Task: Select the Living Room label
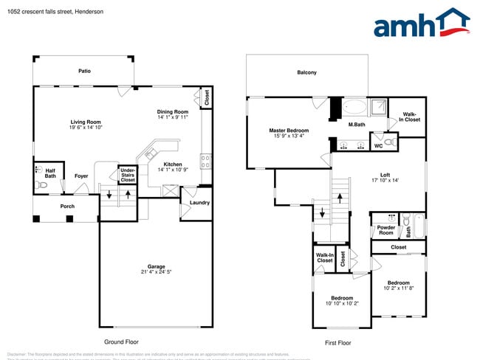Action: [86, 122]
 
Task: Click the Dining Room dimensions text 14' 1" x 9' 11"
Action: [173, 117]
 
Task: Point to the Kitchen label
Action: [173, 164]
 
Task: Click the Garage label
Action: [156, 266]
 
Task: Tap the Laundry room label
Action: [199, 202]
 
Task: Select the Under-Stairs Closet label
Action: [128, 175]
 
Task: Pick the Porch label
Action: [67, 206]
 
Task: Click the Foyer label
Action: [81, 176]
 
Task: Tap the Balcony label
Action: [306, 72]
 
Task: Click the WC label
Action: [378, 145]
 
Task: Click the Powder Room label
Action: [385, 230]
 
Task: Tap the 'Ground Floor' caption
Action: [121, 342]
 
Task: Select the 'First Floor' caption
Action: [337, 343]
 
